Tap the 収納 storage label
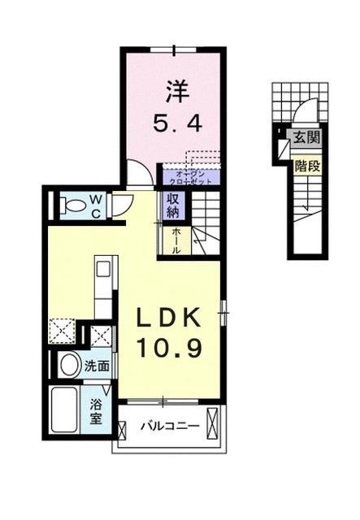(173, 206)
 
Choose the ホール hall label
(172, 240)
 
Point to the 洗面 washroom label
(97, 366)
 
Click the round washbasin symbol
(69, 363)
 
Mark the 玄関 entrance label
(306, 136)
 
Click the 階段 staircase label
(306, 165)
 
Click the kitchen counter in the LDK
(103, 288)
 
